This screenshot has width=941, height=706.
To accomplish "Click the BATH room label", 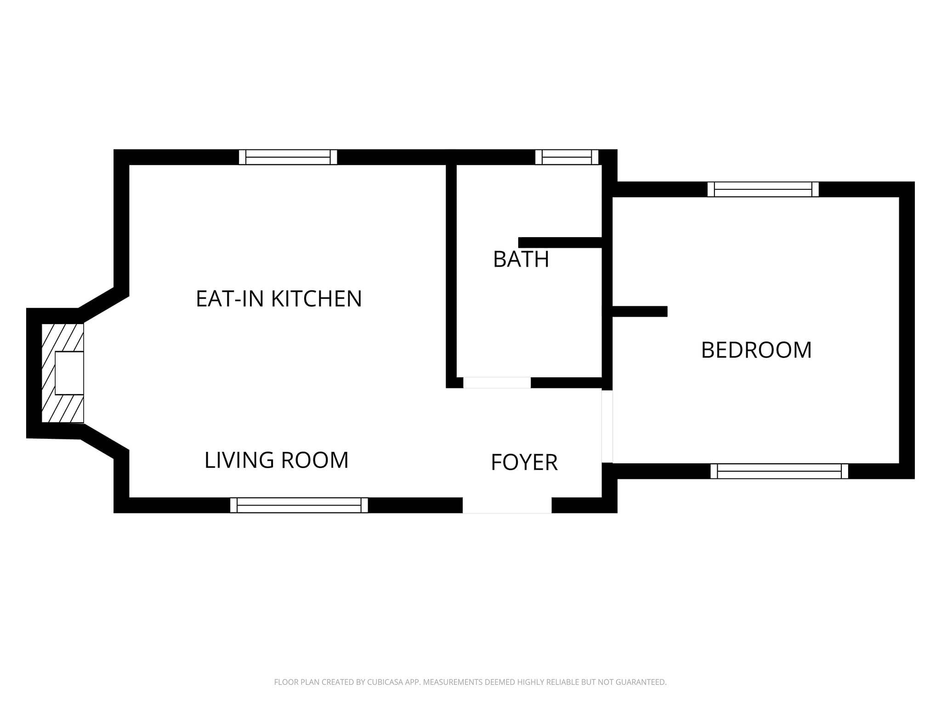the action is click(x=521, y=259).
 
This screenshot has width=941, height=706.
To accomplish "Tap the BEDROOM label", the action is click(x=756, y=350).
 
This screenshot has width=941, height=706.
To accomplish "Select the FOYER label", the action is click(x=524, y=462).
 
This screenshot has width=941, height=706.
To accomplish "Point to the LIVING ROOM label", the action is click(x=277, y=460).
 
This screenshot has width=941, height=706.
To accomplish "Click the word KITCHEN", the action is click(x=317, y=299).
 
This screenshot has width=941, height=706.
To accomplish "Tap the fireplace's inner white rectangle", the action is click(x=69, y=373).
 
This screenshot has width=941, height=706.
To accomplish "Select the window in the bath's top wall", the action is click(x=567, y=157).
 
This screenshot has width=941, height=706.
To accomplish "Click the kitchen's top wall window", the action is click(x=288, y=157).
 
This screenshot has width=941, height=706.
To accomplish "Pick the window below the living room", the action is click(x=299, y=505).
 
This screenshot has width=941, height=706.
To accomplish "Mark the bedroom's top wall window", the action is click(x=763, y=189).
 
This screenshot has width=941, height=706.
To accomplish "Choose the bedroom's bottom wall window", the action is click(x=779, y=471).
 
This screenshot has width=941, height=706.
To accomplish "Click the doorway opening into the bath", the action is click(x=497, y=382).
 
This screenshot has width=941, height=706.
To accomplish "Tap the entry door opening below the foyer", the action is click(x=507, y=505).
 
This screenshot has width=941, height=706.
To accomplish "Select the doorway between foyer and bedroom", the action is click(x=607, y=427).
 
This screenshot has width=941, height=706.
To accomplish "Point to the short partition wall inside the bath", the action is click(x=560, y=243).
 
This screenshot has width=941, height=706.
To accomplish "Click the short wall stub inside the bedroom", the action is click(x=640, y=312).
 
